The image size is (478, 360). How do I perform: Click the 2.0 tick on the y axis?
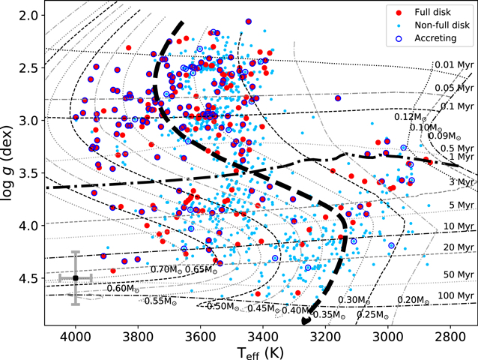point(28,16)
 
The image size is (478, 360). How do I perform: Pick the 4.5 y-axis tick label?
point(28,278)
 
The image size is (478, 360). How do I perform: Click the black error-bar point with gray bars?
point(76,277)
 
